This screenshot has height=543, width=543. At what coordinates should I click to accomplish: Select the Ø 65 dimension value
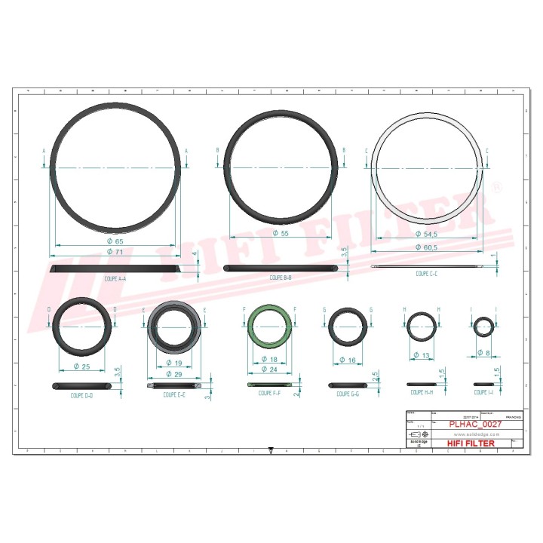(x=115, y=240)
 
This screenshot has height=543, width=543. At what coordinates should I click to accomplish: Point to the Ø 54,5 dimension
(x=428, y=236)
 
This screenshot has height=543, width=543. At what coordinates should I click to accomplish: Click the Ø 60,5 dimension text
(x=428, y=247)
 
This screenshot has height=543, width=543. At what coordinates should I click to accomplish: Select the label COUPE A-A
(x=115, y=278)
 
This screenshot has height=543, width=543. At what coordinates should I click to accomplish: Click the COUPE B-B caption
(x=280, y=278)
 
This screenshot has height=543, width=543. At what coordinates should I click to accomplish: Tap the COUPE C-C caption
(x=428, y=275)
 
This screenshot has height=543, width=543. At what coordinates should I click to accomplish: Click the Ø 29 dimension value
(x=174, y=374)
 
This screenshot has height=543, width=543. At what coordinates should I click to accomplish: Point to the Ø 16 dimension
(x=348, y=360)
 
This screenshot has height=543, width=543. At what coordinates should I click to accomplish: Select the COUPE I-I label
(x=483, y=393)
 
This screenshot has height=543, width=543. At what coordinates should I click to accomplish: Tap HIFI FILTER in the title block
(x=471, y=443)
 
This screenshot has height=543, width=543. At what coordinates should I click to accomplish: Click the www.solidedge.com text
(x=474, y=435)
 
